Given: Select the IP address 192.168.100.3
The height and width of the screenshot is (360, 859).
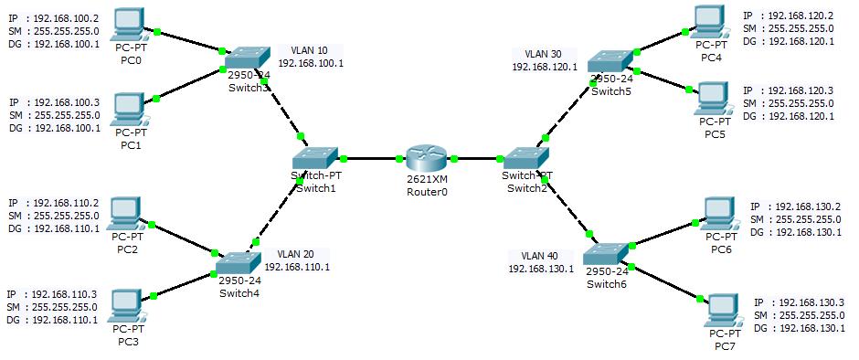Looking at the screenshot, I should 64,103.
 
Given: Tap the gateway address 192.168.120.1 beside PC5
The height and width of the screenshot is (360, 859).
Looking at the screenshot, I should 800,116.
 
